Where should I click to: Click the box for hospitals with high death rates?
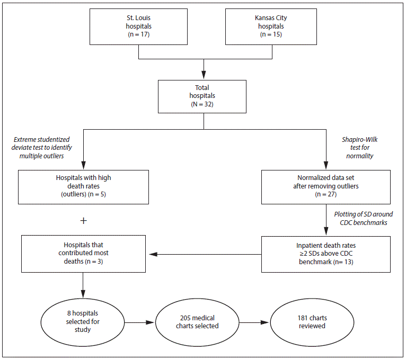tap(83, 186)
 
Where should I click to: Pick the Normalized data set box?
tap(325, 186)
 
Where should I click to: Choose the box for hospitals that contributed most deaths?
tap(83, 254)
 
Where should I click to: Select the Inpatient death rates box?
tap(325, 254)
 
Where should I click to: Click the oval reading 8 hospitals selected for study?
tap(83, 322)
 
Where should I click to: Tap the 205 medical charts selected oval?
tap(197, 322)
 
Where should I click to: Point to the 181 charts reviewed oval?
tap(311, 322)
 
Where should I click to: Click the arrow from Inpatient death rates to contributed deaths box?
tap(204, 254)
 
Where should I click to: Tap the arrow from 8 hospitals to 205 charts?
tap(140, 322)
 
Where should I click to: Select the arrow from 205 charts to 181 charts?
tap(254, 322)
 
